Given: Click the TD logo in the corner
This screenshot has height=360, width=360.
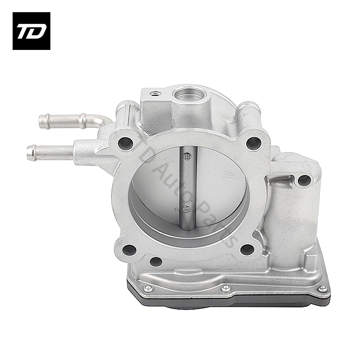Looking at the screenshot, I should click(31, 31).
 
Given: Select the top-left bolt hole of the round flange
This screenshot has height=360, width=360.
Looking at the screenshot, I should click(125, 144).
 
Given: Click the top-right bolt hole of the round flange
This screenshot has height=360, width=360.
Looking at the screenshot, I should click(253, 143).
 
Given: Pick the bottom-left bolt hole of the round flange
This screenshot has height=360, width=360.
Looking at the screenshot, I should click(129, 249).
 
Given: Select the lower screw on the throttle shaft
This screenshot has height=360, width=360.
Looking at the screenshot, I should click(187, 209).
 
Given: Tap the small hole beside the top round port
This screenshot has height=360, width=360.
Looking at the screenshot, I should click(156, 94).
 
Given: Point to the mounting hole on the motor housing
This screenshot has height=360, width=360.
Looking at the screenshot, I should click(304, 180).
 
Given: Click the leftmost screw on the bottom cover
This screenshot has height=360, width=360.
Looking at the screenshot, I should click(147, 288).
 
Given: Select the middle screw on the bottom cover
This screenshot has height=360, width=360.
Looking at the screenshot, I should click(225, 288).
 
